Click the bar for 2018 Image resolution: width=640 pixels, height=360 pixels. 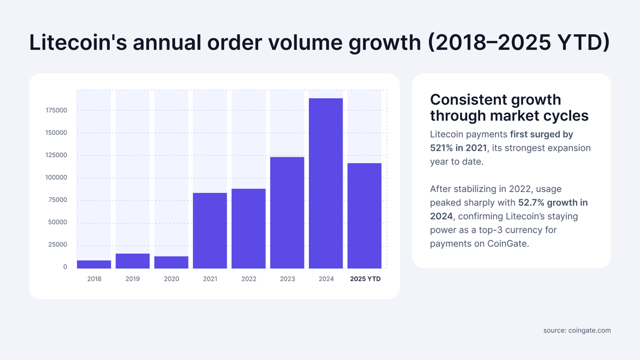94,264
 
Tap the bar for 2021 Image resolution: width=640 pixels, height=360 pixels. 210,230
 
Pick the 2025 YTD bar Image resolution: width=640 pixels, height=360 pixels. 364,215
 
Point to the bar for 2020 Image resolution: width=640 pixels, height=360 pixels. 171,262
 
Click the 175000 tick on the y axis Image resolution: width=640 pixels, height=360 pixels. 56,110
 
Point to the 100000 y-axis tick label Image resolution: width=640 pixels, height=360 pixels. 56,178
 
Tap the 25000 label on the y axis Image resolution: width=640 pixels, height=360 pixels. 58,245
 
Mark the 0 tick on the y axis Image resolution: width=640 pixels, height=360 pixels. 65,267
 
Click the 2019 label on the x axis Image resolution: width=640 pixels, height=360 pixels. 133,279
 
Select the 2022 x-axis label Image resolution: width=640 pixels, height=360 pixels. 249,279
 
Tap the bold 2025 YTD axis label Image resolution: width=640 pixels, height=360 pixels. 365,279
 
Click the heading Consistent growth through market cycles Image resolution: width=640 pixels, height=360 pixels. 495,108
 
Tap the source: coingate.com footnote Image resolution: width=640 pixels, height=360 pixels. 577,331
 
